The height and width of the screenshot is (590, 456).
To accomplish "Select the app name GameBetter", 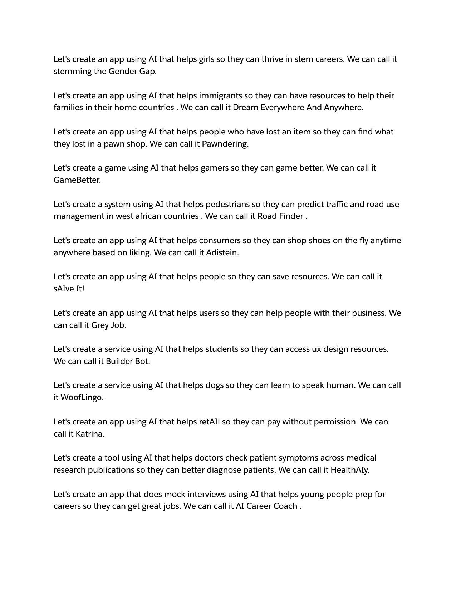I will pyautogui.click(x=77, y=180).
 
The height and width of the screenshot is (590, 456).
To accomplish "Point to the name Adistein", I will pyautogui.click(x=222, y=253).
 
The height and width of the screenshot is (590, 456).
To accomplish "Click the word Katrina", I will pyautogui.click(x=90, y=434).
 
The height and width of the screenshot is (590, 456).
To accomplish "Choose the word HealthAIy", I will pyautogui.click(x=349, y=470).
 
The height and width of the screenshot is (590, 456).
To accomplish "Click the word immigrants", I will pyautogui.click(x=220, y=96).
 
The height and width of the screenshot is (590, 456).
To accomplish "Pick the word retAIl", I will pyautogui.click(x=209, y=422).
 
